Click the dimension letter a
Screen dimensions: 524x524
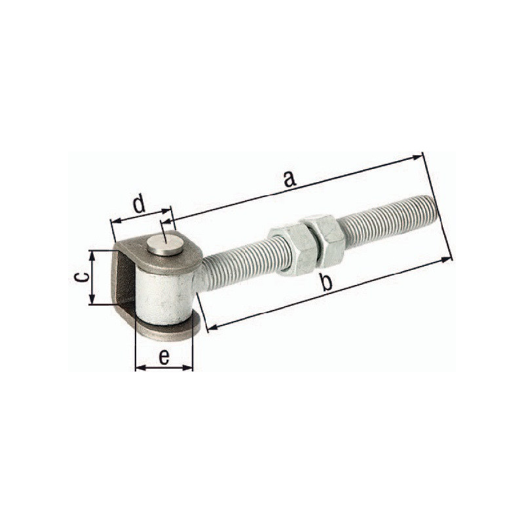click(x=290, y=178)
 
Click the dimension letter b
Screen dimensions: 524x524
click(x=326, y=282)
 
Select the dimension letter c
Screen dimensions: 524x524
click(x=82, y=277)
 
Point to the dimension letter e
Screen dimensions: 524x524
click(x=164, y=357)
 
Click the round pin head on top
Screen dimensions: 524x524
click(x=165, y=245)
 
